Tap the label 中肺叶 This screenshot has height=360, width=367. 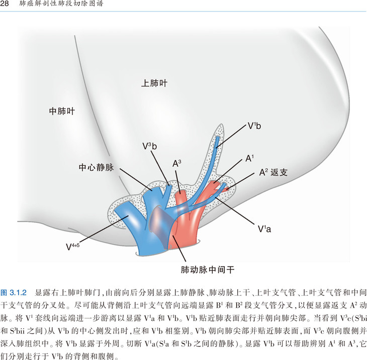[62, 111]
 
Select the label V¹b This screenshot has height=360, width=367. [254, 126]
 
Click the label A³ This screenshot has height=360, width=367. [176, 164]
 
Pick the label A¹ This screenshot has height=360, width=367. [249, 159]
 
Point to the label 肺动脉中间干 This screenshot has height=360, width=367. [208, 270]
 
